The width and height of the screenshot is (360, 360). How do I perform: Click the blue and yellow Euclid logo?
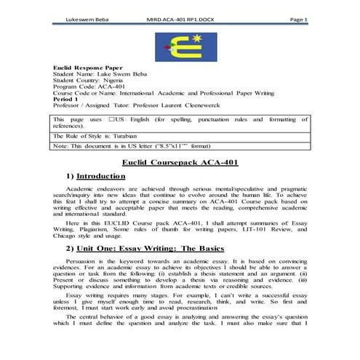click(x=180, y=46)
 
